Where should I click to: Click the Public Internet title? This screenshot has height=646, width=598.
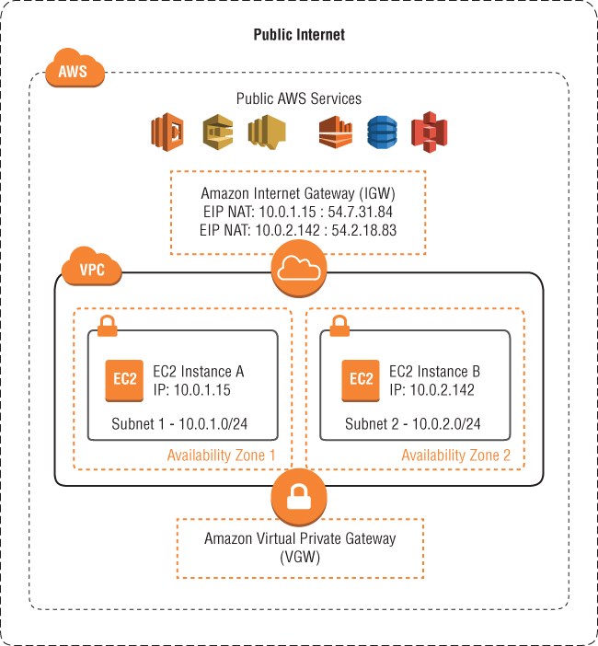click(299, 35)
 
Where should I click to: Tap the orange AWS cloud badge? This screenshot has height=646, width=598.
click(73, 72)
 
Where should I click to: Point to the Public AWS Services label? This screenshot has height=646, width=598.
click(299, 98)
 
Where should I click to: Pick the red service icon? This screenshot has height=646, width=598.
click(428, 132)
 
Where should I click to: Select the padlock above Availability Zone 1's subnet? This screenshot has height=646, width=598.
click(107, 325)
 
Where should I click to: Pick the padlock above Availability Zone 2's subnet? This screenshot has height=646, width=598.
click(339, 325)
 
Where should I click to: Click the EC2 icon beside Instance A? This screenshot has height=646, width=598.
click(125, 379)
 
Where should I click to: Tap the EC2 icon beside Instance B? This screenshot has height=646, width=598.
click(362, 379)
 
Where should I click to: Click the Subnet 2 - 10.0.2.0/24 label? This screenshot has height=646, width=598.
click(412, 424)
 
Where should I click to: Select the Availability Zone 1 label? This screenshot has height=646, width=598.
click(221, 456)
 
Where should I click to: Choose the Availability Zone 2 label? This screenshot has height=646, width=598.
click(454, 456)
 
